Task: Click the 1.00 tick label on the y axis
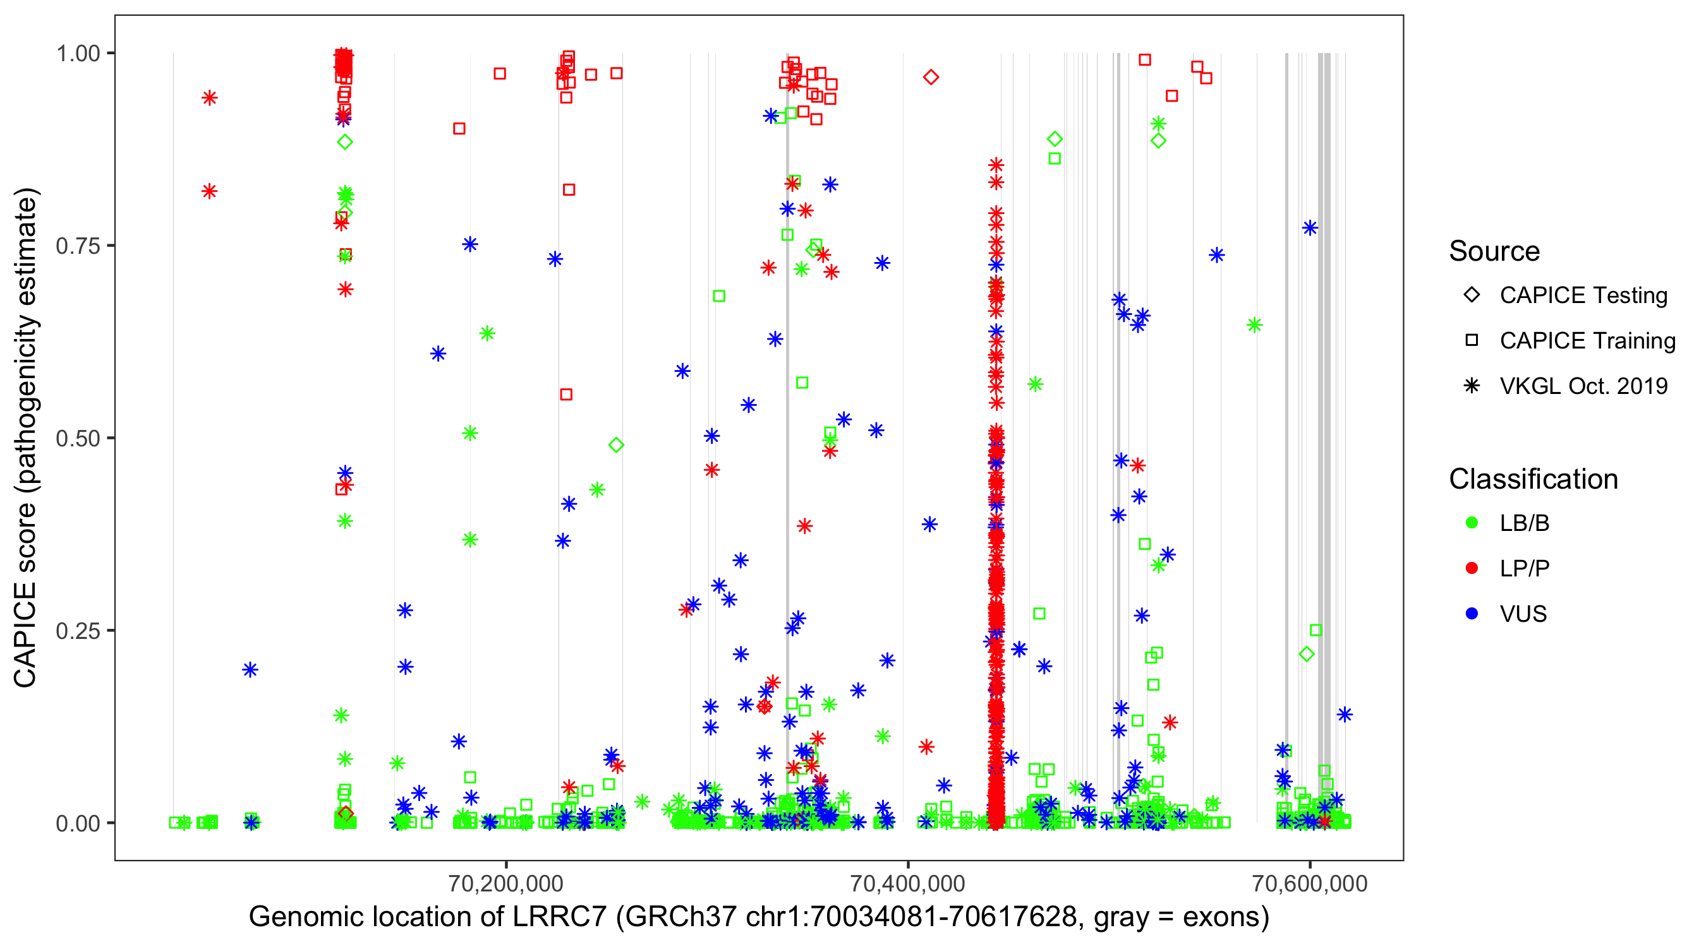78,54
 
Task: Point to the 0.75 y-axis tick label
78,246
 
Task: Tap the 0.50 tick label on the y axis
78,439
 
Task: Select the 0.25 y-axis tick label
78,631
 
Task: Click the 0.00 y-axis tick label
78,823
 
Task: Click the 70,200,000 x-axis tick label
506,883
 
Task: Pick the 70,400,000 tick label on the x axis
907,883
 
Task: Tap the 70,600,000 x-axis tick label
1309,883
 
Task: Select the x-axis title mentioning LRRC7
759,917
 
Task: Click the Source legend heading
1494,251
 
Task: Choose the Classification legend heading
1533,479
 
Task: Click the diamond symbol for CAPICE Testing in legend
1472,295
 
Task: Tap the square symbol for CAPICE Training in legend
1472,341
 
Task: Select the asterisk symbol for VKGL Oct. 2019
1472,386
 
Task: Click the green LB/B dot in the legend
1472,523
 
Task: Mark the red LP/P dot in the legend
1472,568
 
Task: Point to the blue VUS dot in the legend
1472,614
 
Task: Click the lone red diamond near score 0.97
931,78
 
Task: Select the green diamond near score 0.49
616,445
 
